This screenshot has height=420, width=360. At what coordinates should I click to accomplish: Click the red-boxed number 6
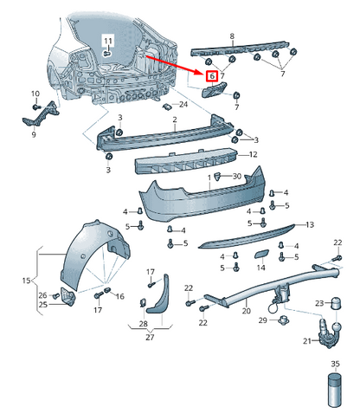tap(212, 76)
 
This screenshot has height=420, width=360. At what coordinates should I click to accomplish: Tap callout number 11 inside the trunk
tap(108, 42)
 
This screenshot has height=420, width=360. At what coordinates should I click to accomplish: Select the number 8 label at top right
tap(231, 36)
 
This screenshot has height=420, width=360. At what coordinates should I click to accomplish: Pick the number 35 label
tap(334, 364)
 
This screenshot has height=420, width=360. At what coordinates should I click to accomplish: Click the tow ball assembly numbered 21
tap(330, 330)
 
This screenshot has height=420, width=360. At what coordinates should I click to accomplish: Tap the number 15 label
tap(25, 281)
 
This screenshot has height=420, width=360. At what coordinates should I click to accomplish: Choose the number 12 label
tap(253, 154)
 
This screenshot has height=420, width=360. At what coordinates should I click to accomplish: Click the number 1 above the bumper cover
tap(208, 177)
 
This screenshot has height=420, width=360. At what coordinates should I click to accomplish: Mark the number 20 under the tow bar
tap(246, 310)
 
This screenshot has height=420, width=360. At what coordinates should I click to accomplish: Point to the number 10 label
tap(35, 94)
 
